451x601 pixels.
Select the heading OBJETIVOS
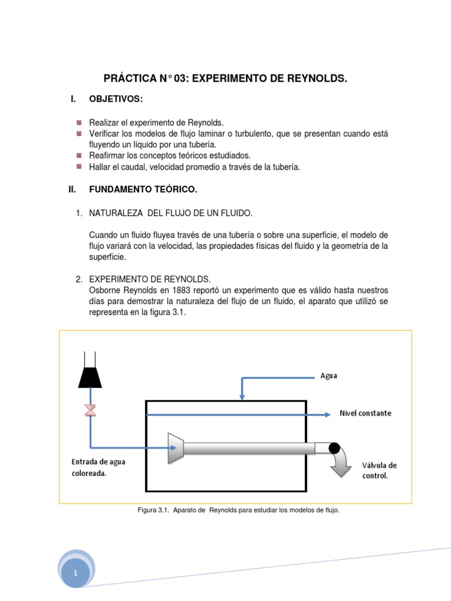coord(116,99)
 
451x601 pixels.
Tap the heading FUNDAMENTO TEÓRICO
coord(143,190)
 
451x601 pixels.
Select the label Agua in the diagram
coord(329,376)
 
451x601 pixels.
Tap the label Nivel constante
coord(365,413)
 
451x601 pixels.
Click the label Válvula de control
coord(379,470)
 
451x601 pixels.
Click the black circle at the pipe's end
coord(334,448)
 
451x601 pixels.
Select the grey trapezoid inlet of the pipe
coord(177,448)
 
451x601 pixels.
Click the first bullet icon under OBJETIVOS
coord(79,123)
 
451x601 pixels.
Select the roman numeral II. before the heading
coord(73,190)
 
